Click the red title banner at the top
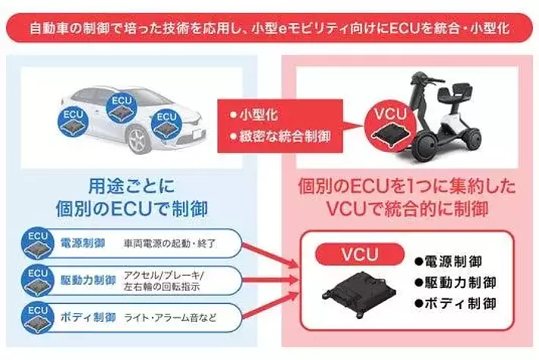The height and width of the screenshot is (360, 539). (269, 30)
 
